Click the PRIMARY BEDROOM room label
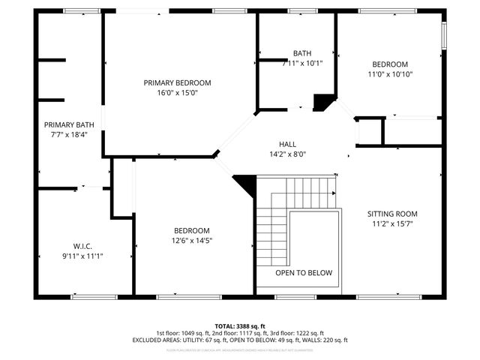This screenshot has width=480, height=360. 177,82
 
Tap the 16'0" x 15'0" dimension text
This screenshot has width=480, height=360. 177,93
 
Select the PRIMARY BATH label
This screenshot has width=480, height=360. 69,124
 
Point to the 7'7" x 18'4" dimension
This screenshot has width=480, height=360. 69,135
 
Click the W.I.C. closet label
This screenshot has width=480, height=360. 82,245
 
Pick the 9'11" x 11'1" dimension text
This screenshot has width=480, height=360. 82,256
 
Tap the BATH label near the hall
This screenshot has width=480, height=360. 302,53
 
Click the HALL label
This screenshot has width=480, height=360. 288,144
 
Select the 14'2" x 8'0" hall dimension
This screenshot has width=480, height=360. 288,154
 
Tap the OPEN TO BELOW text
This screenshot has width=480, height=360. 303,273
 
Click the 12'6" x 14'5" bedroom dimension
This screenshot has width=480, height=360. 192,241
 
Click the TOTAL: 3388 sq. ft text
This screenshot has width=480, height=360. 240,326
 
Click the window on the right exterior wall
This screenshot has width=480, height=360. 443,34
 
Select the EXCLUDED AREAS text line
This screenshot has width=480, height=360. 240,340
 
